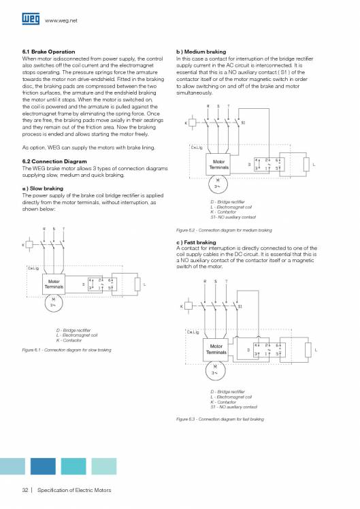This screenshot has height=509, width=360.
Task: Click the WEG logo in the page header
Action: (x=31, y=20)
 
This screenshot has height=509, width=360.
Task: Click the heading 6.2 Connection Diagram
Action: (x=54, y=161)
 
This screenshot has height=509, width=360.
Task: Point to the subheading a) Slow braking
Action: (x=43, y=188)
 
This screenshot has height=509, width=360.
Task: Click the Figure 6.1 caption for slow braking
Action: (x=67, y=350)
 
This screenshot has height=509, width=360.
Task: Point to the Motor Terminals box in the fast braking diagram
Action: (x=216, y=350)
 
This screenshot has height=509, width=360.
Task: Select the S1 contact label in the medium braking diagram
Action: (x=244, y=123)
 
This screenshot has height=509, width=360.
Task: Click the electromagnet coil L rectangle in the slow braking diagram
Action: (x=138, y=285)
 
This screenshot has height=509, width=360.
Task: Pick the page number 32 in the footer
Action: (x=25, y=491)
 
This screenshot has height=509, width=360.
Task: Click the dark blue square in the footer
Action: (x=43, y=466)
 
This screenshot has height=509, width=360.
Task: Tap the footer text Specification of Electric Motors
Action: (x=74, y=491)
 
